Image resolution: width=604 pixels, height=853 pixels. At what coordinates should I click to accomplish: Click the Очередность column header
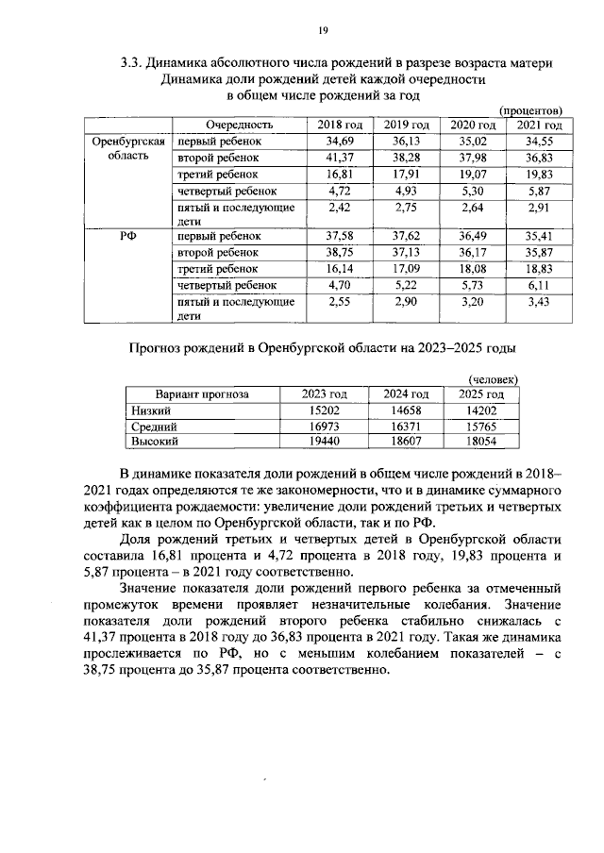(241, 125)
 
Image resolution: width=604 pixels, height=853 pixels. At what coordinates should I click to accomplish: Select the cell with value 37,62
(407, 236)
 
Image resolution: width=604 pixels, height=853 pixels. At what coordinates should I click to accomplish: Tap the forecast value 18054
(481, 441)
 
